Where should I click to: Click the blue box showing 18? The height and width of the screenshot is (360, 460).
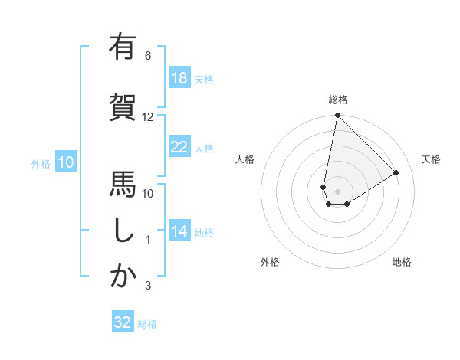click(179, 79)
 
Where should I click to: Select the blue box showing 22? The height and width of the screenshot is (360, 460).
click(179, 148)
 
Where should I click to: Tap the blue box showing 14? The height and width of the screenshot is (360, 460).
click(179, 232)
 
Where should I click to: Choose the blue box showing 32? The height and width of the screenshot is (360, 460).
click(123, 322)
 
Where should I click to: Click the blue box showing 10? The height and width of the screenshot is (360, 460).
click(65, 162)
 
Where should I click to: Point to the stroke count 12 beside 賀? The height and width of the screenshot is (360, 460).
click(148, 117)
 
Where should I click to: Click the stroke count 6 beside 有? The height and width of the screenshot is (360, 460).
click(148, 56)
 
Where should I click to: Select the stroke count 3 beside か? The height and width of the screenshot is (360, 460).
click(148, 286)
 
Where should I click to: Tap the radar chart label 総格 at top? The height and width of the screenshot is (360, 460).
click(337, 100)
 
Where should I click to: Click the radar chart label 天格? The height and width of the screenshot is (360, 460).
click(432, 159)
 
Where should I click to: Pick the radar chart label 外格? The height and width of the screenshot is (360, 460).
click(270, 262)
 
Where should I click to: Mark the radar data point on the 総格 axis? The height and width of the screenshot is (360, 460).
click(337, 116)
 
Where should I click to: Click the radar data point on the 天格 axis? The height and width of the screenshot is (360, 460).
click(396, 172)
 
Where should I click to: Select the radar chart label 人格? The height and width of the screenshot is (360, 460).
click(245, 159)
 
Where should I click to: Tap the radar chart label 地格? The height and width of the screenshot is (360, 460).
click(402, 262)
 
